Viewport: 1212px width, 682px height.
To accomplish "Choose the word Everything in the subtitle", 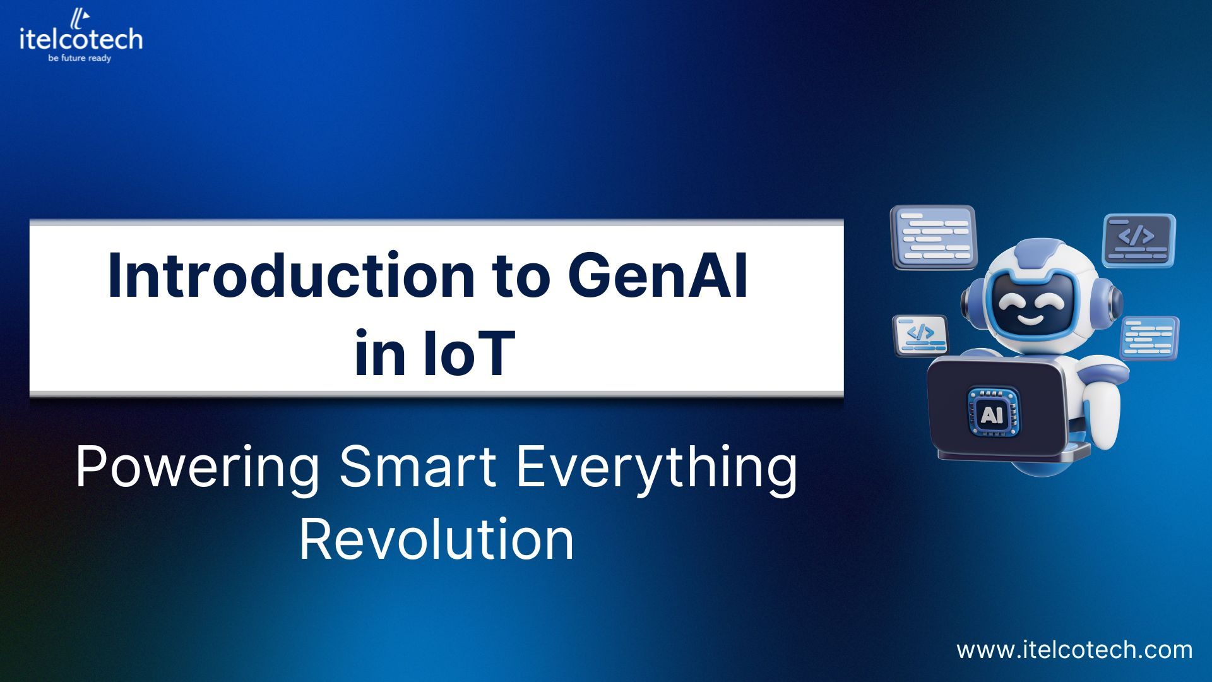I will tap(656, 467).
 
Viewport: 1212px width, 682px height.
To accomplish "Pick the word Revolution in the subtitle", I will tap(436, 539).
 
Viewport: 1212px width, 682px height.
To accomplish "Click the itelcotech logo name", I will tap(81, 39).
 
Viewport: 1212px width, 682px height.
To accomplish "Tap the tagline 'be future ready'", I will tap(80, 59).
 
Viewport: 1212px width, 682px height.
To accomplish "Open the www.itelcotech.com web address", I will tap(1074, 650).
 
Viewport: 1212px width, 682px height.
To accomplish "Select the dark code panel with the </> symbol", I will tap(1138, 240).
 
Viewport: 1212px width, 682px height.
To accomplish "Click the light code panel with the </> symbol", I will tap(920, 335).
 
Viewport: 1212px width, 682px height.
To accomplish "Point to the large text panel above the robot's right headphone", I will tap(934, 237).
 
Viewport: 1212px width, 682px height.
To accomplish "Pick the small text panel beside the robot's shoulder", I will tap(1149, 338).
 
